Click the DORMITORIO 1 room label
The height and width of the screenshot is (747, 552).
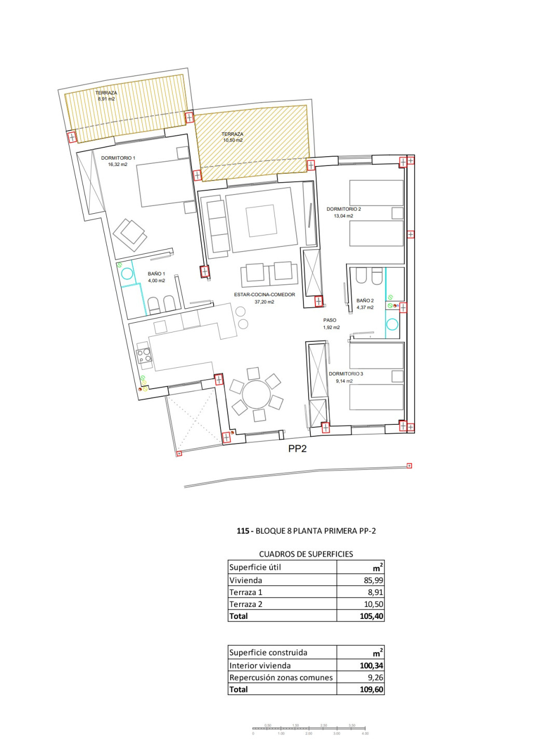coord(118,158)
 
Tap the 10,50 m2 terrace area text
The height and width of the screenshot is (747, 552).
coord(232,140)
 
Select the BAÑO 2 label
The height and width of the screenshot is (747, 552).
coord(365,300)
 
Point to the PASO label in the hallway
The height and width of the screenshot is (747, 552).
coord(329,320)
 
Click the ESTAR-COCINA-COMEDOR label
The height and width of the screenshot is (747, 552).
coord(265,294)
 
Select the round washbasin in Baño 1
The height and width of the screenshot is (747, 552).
coord(127,273)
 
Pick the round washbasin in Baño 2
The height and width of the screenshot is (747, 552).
coord(392,325)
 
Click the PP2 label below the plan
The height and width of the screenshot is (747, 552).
coord(297,449)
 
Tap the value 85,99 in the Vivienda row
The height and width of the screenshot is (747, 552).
coord(373,580)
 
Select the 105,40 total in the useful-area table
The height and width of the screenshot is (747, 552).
coord(371,616)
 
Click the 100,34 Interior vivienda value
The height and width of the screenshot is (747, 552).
coord(371,666)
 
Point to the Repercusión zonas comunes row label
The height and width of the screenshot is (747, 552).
coord(281,677)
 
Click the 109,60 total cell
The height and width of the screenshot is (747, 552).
coord(371,689)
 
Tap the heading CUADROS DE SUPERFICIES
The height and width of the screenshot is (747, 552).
coord(306,554)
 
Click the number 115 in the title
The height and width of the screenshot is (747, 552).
coord(243,531)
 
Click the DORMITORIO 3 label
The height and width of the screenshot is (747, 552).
coord(346,374)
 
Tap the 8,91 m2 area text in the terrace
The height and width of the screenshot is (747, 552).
coord(106,99)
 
